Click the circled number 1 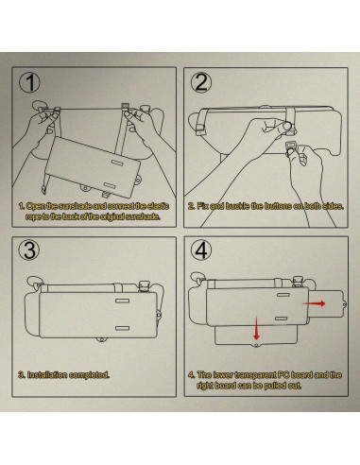[x=29, y=82]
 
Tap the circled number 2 [x=201, y=82]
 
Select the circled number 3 [x=29, y=250]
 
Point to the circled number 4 [x=201, y=250]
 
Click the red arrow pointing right [x=314, y=303]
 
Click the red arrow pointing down [x=256, y=328]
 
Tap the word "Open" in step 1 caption [x=36, y=206]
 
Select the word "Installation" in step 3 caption [x=47, y=375]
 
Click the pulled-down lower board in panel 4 [x=256, y=336]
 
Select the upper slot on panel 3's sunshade [x=122, y=301]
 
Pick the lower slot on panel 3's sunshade [x=122, y=328]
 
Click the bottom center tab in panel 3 [x=101, y=339]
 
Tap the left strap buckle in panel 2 [x=200, y=129]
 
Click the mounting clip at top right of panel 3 [x=145, y=286]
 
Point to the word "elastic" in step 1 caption [x=158, y=206]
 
